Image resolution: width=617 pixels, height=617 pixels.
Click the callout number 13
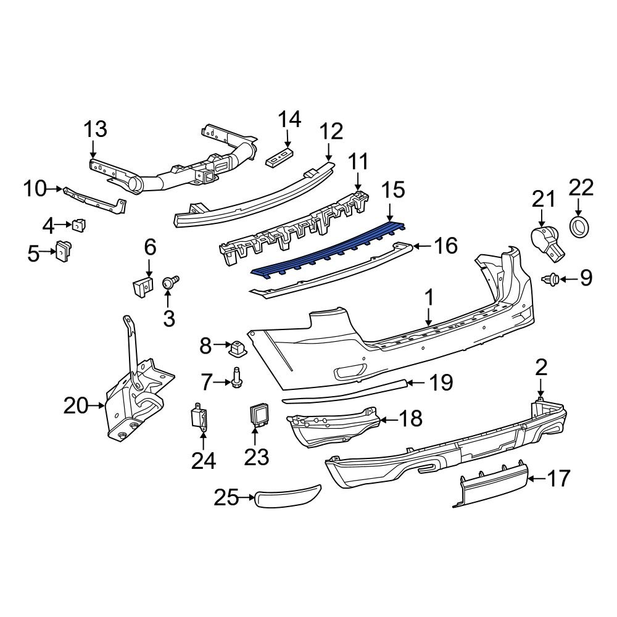coord(95,130)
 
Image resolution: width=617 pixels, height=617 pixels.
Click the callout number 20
coord(77,406)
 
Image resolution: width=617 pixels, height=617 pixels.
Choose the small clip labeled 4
coord(79,226)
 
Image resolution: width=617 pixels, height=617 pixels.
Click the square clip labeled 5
coord(63,251)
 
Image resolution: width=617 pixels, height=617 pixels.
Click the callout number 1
coord(429,299)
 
